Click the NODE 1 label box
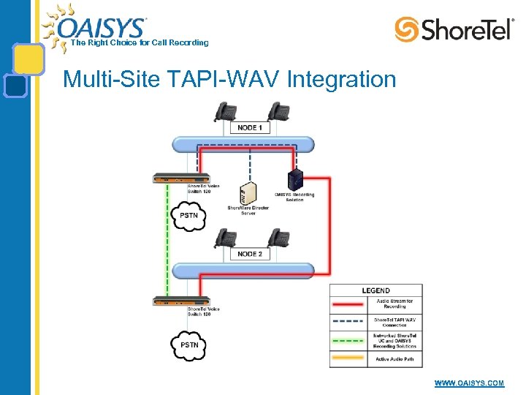(x=250, y=127)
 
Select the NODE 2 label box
(x=250, y=254)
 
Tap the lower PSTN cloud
(x=189, y=344)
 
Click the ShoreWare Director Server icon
(x=248, y=193)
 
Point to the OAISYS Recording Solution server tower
(x=294, y=180)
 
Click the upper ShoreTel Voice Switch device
(x=180, y=178)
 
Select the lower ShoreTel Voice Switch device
(x=180, y=301)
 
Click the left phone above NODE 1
(x=224, y=111)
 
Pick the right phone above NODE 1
(x=278, y=111)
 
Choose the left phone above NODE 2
(x=225, y=238)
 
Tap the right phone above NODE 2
(x=278, y=238)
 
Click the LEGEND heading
(x=376, y=290)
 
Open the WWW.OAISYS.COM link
(x=469, y=383)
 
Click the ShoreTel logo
(x=454, y=29)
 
